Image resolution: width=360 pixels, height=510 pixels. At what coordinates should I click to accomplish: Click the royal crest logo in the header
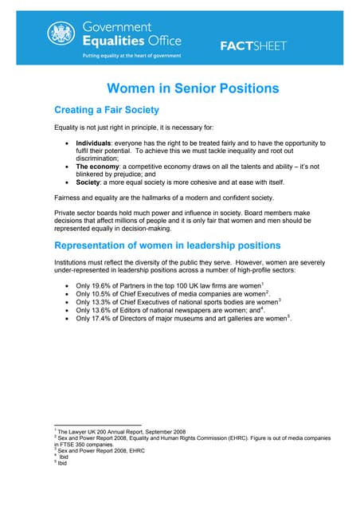tap(61, 33)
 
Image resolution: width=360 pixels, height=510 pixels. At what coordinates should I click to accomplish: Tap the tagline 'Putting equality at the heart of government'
tap(132, 56)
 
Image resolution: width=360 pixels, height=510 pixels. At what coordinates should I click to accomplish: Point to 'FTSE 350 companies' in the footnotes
tap(85, 444)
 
